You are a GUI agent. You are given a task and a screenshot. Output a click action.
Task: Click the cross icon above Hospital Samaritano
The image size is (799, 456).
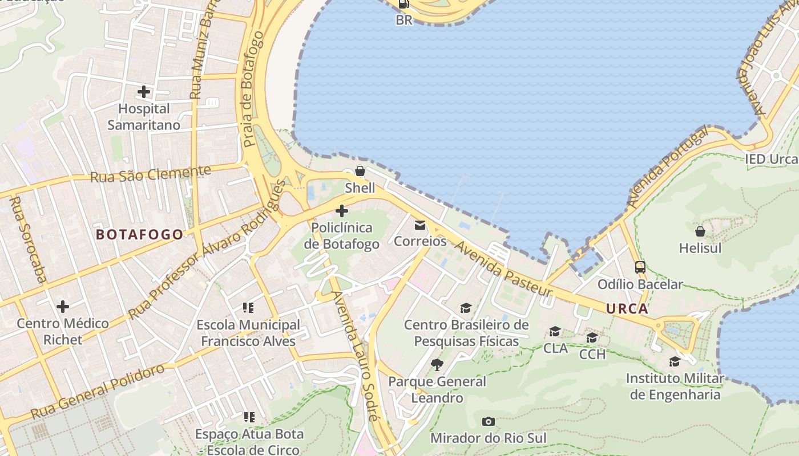[x=144, y=91]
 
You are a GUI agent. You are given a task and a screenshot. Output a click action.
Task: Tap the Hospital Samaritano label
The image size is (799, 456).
[x=144, y=117]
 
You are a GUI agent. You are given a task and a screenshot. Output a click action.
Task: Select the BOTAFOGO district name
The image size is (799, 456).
[x=139, y=234]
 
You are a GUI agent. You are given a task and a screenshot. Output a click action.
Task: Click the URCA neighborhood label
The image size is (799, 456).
[x=627, y=309]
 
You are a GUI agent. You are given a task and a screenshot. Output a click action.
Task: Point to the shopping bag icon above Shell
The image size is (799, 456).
[x=360, y=171]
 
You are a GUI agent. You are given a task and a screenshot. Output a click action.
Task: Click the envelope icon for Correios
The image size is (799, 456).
[x=420, y=225]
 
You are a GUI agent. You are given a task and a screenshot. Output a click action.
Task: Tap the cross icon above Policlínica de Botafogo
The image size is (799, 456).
[x=342, y=211]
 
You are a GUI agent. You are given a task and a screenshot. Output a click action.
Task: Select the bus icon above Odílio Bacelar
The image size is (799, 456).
[x=640, y=267]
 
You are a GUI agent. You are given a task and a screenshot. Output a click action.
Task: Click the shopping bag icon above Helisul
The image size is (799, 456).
[x=700, y=231]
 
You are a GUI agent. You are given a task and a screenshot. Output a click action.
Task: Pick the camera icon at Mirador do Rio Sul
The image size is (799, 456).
[x=489, y=421]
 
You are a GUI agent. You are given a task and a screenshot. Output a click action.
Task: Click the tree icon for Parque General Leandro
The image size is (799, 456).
[x=437, y=364]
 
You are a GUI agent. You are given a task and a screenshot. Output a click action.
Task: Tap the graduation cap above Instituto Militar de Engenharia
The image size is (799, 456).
[x=675, y=361]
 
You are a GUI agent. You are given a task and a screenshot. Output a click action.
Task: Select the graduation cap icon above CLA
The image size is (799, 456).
[x=555, y=331]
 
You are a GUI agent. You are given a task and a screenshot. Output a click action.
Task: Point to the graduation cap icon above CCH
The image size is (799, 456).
[x=592, y=337]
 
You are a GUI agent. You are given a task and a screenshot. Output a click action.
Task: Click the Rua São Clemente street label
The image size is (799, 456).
[x=151, y=174]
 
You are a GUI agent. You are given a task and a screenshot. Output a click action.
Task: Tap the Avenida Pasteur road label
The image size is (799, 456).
[x=504, y=268]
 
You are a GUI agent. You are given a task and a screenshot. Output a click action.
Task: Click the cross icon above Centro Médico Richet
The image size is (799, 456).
[x=63, y=307]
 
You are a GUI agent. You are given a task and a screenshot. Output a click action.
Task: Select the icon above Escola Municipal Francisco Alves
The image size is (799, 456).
[x=248, y=308]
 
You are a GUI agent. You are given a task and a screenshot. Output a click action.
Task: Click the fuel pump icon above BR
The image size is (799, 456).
[x=404, y=3]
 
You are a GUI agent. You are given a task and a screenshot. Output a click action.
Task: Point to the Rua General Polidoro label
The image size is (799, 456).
[x=98, y=391]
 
